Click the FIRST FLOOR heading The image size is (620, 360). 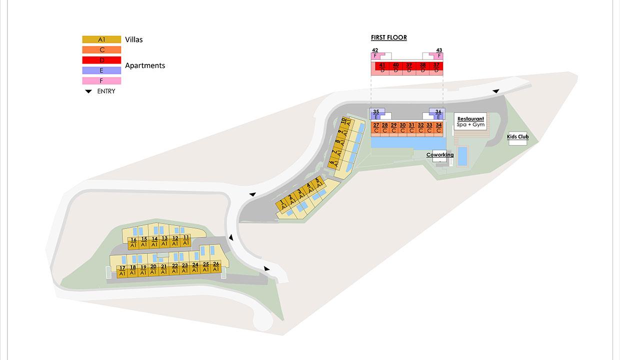click(389, 37)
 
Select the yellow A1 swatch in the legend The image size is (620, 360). click(101, 39)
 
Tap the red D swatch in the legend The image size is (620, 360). click(101, 60)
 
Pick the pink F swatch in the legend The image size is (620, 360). click(101, 81)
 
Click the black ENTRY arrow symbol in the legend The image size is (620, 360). click(88, 91)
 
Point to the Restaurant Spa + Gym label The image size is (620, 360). click(470, 121)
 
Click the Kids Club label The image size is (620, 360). click(517, 136)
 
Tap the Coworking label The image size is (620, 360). click(440, 154)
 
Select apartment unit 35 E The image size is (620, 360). click(376, 114)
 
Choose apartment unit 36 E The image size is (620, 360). click(438, 114)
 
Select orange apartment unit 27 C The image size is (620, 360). click(376, 128)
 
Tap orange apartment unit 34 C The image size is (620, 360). click(438, 128)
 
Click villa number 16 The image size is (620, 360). click(133, 242)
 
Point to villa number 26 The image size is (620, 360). click(216, 266)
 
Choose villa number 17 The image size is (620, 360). click(122, 271)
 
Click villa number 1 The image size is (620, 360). click(282, 205)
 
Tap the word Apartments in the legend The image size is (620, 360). click(145, 65)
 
